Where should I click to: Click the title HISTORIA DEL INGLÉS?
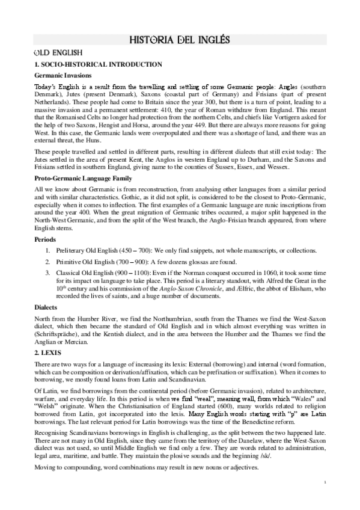pyautogui.click(x=180, y=40)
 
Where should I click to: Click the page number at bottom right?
pyautogui.click(x=324, y=499)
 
